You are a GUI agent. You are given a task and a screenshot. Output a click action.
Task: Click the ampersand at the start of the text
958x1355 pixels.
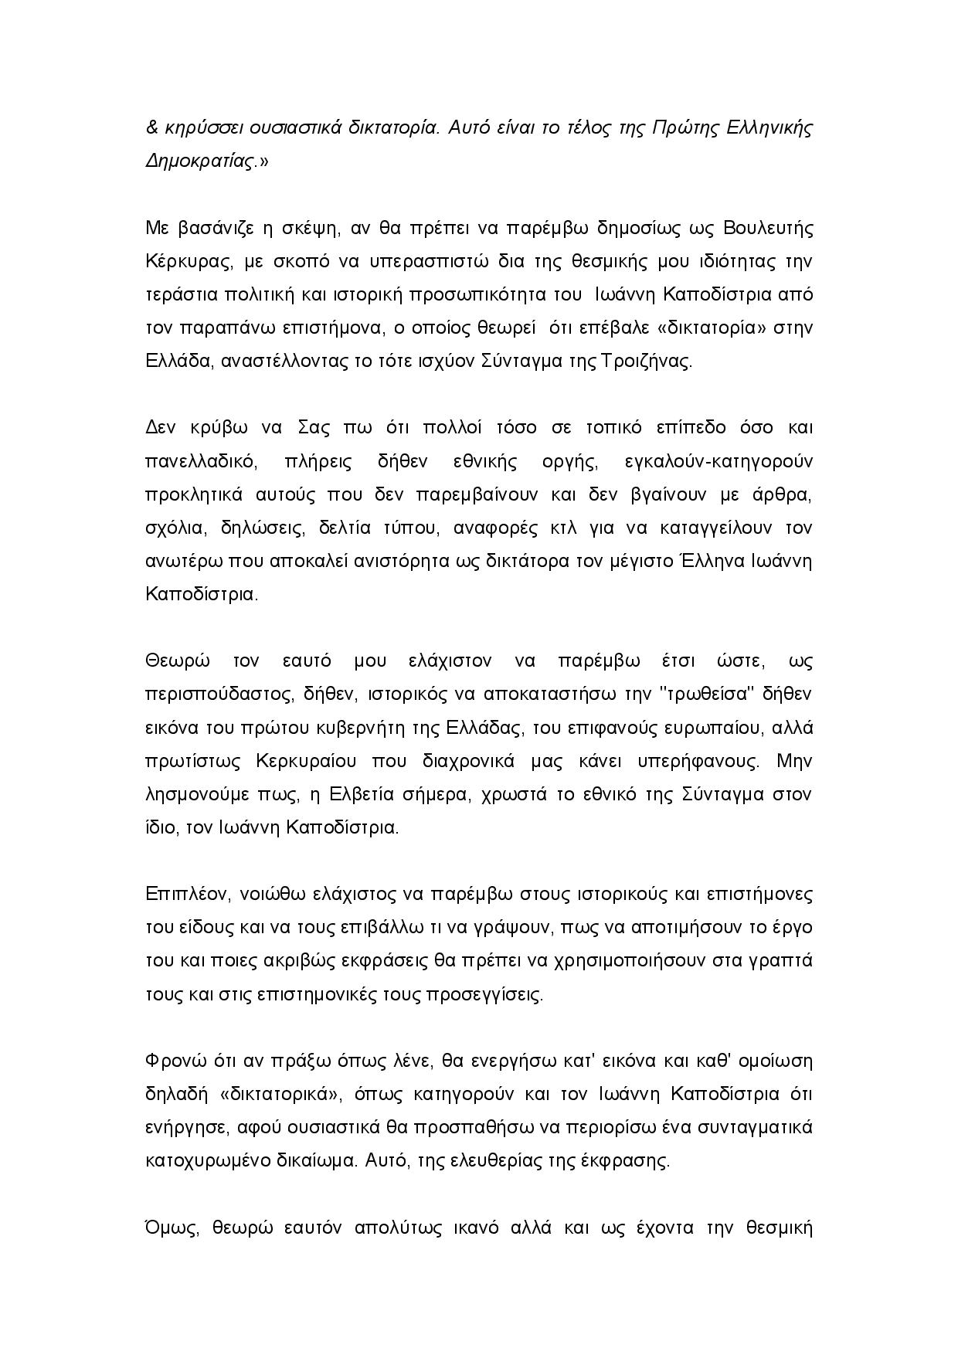coord(151,128)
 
